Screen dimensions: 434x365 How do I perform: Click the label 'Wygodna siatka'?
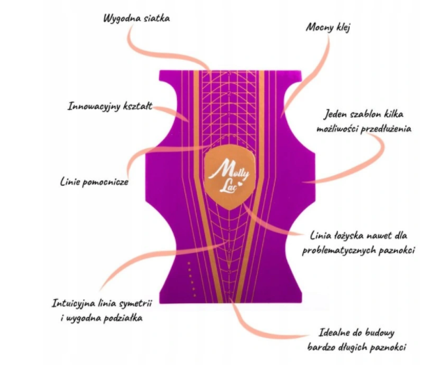pos(137,18)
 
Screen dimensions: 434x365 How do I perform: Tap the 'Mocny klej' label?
pos(328,27)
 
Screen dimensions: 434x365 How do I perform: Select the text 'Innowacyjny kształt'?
pos(110,106)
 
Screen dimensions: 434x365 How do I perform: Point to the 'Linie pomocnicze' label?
pos(94,182)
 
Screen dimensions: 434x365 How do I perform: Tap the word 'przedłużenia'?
pos(386,129)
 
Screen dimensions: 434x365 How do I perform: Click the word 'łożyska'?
pos(343,236)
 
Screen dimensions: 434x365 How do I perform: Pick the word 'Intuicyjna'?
pos(74,303)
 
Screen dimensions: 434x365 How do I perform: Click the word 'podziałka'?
pos(123,318)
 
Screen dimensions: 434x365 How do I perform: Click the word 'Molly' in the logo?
pos(229,170)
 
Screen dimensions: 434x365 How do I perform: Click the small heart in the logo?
pos(240,183)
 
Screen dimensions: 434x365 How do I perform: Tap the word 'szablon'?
pos(365,114)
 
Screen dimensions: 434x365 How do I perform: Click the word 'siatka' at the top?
pos(157,18)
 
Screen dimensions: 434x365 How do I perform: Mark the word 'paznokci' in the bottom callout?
pos(389,347)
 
